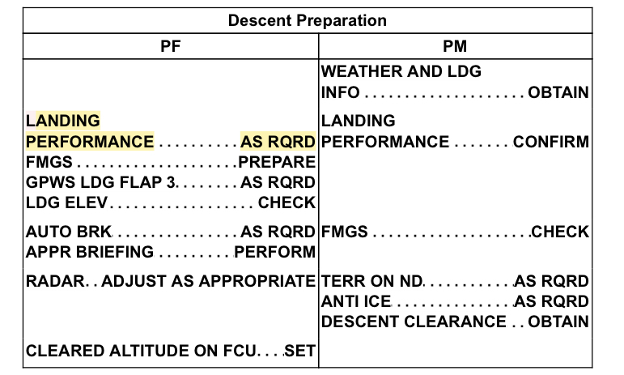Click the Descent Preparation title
307,19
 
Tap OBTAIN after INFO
558,92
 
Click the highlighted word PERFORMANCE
90,142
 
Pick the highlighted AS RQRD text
278,142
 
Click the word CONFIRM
551,142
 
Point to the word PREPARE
277,162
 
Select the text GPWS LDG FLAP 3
100,181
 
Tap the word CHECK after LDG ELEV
287,202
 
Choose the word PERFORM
275,252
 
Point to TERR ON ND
371,281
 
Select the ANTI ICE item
356,301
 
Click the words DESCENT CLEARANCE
413,322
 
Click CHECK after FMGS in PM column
560,232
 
